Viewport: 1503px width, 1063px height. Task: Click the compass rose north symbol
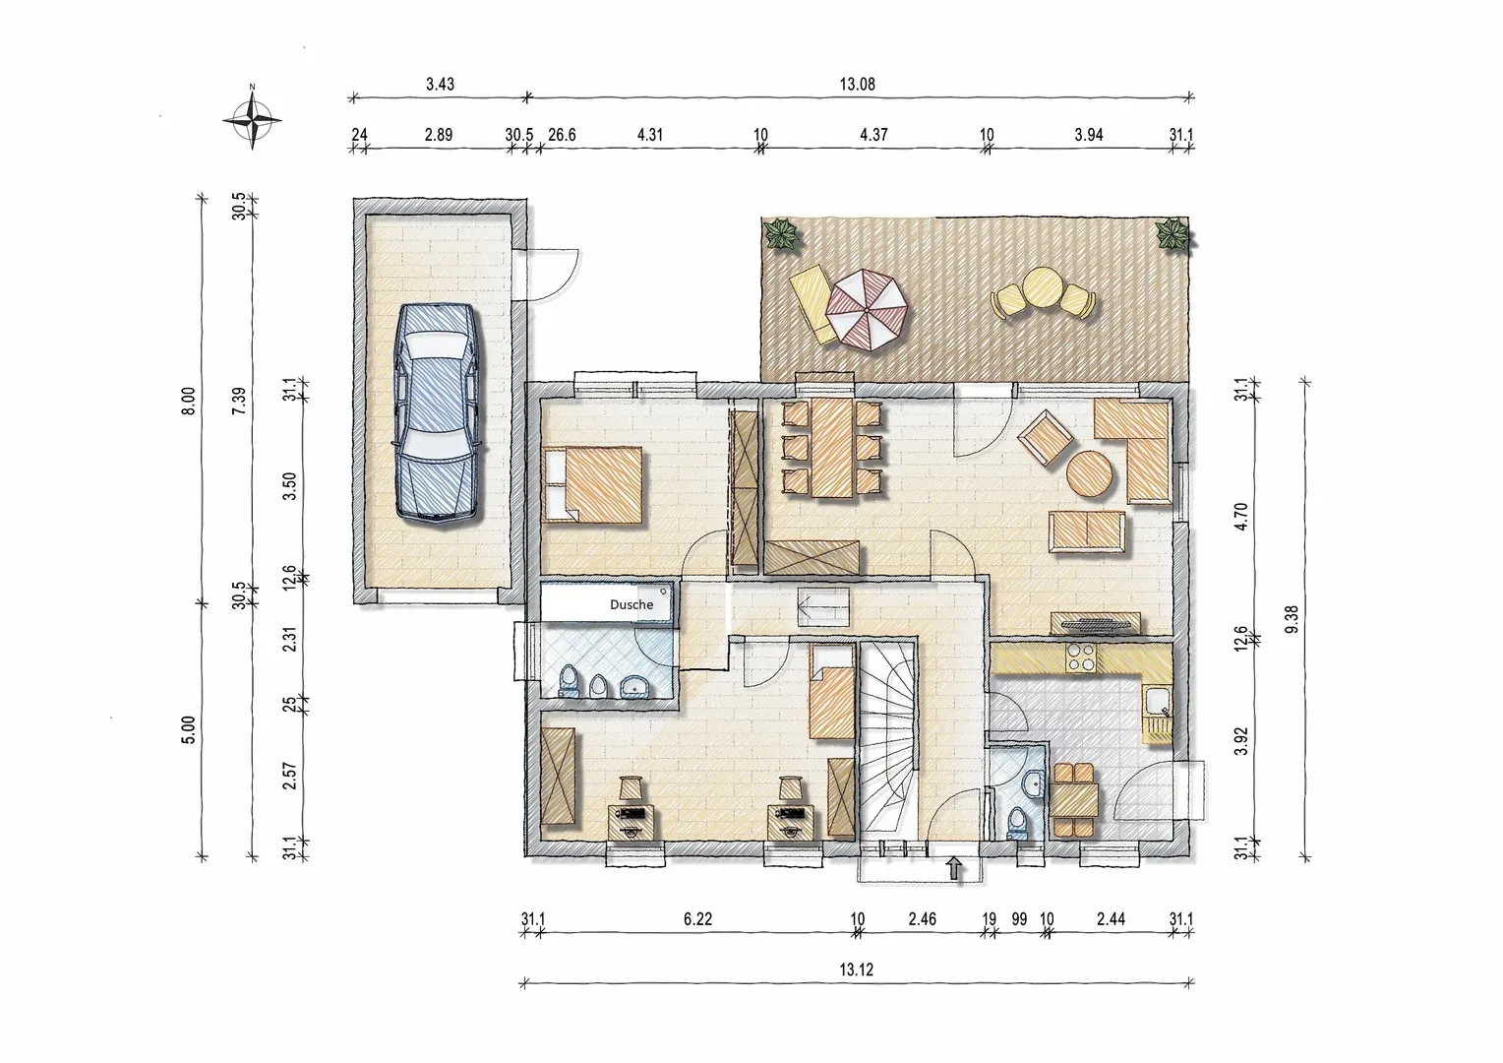(x=252, y=119)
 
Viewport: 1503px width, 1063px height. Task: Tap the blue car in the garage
(x=438, y=412)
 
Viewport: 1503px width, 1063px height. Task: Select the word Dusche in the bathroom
(x=631, y=604)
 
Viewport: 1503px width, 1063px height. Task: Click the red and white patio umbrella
(x=867, y=310)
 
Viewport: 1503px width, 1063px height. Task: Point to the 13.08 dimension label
(x=858, y=84)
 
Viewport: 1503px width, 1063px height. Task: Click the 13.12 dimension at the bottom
(x=856, y=969)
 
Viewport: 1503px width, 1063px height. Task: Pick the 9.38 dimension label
(x=1291, y=619)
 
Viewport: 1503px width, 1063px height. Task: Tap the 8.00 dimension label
(x=189, y=401)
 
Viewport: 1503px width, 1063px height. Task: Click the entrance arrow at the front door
(x=953, y=868)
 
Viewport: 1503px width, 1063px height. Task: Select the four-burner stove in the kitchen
(x=1080, y=657)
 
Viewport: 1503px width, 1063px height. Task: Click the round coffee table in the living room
(x=1089, y=473)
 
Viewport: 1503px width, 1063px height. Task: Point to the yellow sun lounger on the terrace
(x=813, y=303)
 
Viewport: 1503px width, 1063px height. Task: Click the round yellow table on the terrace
(x=1042, y=287)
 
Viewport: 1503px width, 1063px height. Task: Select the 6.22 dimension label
(x=697, y=918)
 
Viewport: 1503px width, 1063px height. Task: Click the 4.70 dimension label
(x=1240, y=517)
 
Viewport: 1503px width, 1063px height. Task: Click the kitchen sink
(x=1158, y=703)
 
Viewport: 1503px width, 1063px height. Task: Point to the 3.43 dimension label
(x=440, y=84)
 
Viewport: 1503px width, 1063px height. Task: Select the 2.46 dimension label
(x=922, y=918)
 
